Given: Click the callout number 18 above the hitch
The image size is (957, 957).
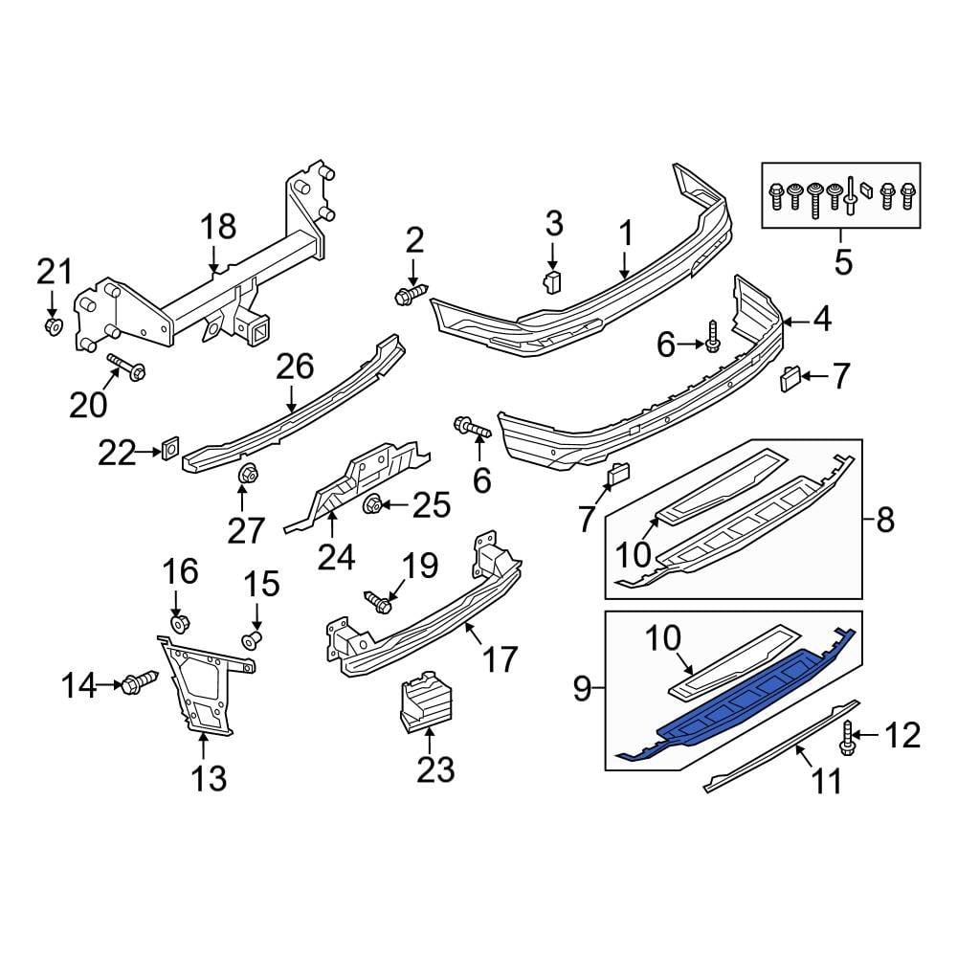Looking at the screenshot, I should [217, 227].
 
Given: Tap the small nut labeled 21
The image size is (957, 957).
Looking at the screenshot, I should [55, 327].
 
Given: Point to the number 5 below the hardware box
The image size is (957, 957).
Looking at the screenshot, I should [842, 261].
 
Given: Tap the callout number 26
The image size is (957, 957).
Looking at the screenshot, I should [295, 366].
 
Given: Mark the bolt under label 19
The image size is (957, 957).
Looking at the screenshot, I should [380, 602].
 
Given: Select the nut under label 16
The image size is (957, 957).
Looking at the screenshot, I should [179, 625].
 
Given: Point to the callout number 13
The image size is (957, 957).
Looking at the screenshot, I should [209, 778].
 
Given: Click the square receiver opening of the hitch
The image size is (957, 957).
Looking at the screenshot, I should [259, 332].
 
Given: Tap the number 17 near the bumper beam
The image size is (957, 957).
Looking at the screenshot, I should [500, 659].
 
